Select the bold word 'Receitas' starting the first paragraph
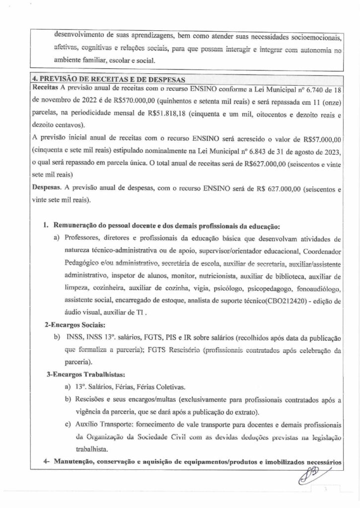[45, 87]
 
